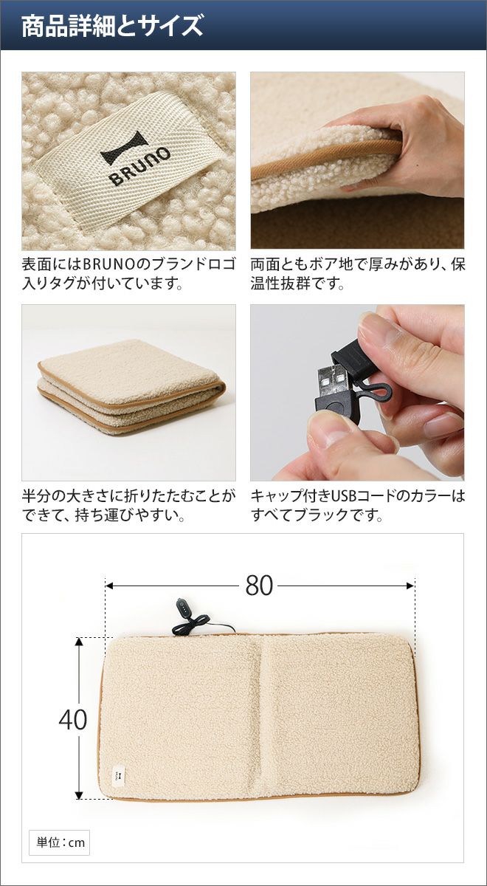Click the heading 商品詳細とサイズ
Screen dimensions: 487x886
pyautogui.click(x=112, y=26)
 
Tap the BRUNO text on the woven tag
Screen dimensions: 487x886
pyautogui.click(x=139, y=167)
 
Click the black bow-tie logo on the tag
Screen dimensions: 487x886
pyautogui.click(x=124, y=148)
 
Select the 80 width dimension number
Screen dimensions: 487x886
pyautogui.click(x=259, y=585)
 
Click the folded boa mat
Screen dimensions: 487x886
pyautogui.click(x=131, y=388)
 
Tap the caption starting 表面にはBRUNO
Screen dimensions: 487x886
pyautogui.click(x=128, y=274)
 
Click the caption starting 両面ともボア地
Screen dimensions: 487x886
pyautogui.click(x=357, y=274)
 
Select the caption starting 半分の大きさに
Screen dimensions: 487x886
pyautogui.click(x=128, y=506)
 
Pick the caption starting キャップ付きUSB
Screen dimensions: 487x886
pyautogui.click(x=357, y=506)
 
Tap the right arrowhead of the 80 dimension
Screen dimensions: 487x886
pyautogui.click(x=410, y=585)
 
